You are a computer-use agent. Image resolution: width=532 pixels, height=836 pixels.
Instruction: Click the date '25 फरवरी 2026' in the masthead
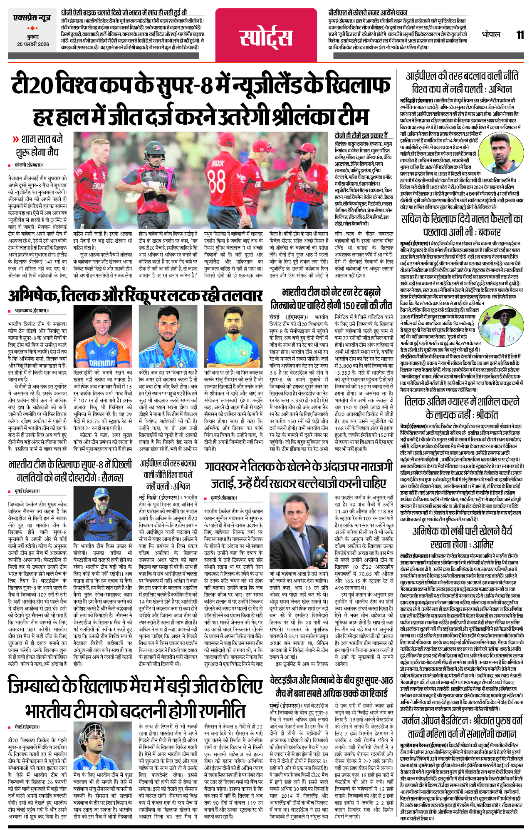[33, 45]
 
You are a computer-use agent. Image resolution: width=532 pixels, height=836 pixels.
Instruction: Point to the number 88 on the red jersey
[217, 179]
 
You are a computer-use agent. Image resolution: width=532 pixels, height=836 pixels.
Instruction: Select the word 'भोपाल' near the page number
[491, 35]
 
